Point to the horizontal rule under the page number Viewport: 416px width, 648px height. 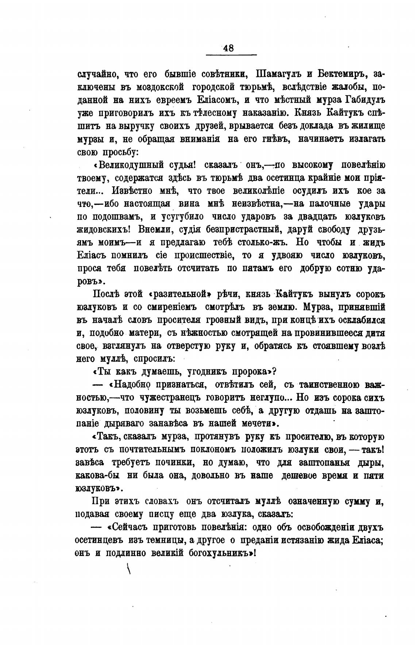click(x=231, y=55)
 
